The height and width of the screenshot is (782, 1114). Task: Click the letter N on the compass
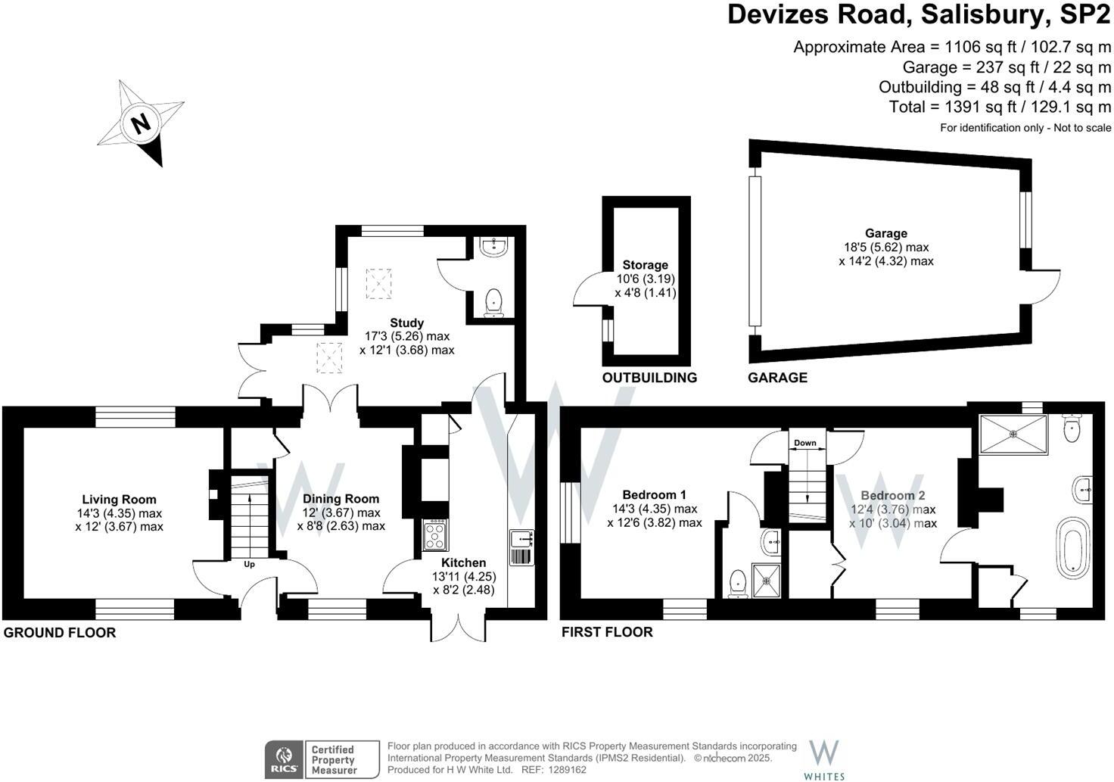click(x=140, y=123)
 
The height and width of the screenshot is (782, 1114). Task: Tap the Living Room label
click(x=119, y=500)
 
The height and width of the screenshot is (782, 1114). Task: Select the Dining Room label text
click(x=341, y=499)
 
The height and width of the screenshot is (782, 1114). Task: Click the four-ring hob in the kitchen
click(x=434, y=536)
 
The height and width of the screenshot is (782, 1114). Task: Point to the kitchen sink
click(x=522, y=539)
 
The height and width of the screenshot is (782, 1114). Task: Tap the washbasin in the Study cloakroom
click(x=494, y=247)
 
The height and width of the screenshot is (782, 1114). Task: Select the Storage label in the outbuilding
click(x=645, y=265)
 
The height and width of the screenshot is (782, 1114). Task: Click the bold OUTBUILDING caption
click(x=649, y=378)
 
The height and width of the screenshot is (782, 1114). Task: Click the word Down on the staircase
click(x=805, y=443)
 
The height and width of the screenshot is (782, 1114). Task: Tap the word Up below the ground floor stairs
click(x=249, y=565)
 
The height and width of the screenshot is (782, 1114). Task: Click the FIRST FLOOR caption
click(x=607, y=632)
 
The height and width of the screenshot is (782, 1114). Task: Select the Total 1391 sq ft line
click(x=1000, y=107)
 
